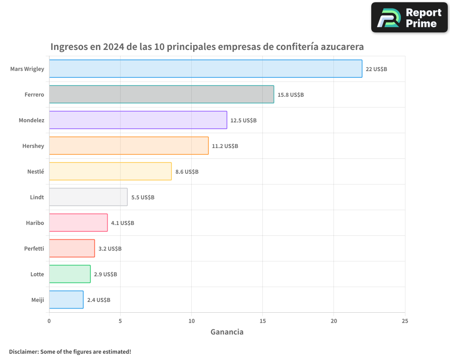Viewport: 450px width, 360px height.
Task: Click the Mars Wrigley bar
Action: (x=205, y=69)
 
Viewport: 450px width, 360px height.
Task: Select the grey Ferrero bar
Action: (x=161, y=94)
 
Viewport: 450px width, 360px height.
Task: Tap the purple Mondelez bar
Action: (x=138, y=120)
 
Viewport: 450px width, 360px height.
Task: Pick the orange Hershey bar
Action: (x=129, y=146)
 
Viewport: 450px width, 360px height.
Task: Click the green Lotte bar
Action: (x=70, y=274)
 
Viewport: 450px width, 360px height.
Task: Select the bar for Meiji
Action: (x=66, y=300)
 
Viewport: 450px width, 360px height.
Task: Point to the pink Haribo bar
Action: (x=78, y=223)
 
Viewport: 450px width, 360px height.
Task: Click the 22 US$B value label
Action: (x=377, y=69)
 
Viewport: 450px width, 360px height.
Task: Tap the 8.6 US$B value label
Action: (x=187, y=172)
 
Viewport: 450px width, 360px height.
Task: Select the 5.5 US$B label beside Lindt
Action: (x=143, y=198)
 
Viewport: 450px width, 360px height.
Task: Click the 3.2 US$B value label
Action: (x=110, y=249)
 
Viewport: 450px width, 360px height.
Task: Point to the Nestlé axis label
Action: (x=36, y=171)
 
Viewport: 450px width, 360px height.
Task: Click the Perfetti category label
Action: (x=34, y=248)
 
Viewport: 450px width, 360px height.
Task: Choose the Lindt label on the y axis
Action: (x=37, y=197)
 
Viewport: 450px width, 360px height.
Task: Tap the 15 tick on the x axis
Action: (x=262, y=321)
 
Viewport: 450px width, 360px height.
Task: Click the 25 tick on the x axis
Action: (x=405, y=321)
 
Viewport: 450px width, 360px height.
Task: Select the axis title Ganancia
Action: (x=227, y=332)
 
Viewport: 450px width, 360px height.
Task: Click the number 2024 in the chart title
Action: (x=114, y=47)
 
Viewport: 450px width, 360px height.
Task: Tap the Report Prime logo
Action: (x=409, y=18)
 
